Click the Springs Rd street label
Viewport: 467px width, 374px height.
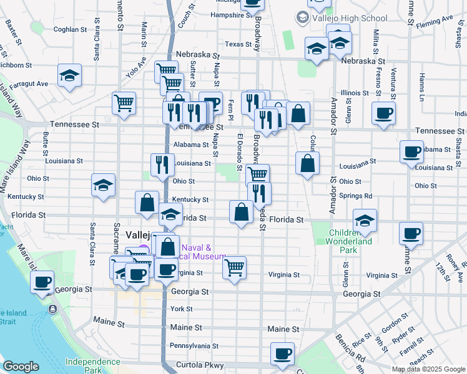tap(356, 195)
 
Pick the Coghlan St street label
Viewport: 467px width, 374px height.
tap(70, 29)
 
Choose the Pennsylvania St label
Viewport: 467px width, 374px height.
tap(194, 345)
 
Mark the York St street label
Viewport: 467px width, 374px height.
tap(181, 309)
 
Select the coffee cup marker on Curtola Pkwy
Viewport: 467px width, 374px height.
tap(282, 354)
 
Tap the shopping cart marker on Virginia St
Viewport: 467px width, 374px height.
tap(234, 268)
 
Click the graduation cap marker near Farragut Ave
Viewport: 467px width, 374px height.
tap(69, 76)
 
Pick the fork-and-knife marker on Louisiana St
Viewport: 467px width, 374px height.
tap(162, 165)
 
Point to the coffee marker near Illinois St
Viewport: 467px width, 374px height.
tap(383, 113)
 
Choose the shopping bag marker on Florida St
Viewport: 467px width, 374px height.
tap(241, 212)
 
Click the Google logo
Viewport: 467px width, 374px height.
tap(21, 366)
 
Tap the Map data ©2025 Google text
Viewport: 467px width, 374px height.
tap(428, 369)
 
